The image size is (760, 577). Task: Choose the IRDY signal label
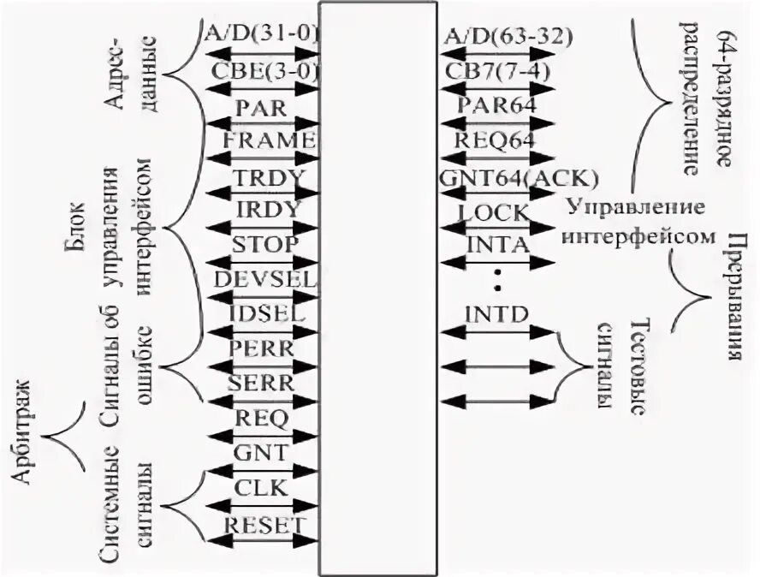pos(264,210)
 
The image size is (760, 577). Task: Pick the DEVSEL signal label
pos(266,279)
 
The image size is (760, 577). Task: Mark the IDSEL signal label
pos(266,313)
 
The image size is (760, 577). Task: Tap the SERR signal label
pos(263,383)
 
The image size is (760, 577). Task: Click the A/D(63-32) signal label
pos(508,36)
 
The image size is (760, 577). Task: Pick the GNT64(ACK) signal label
pos(517,177)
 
